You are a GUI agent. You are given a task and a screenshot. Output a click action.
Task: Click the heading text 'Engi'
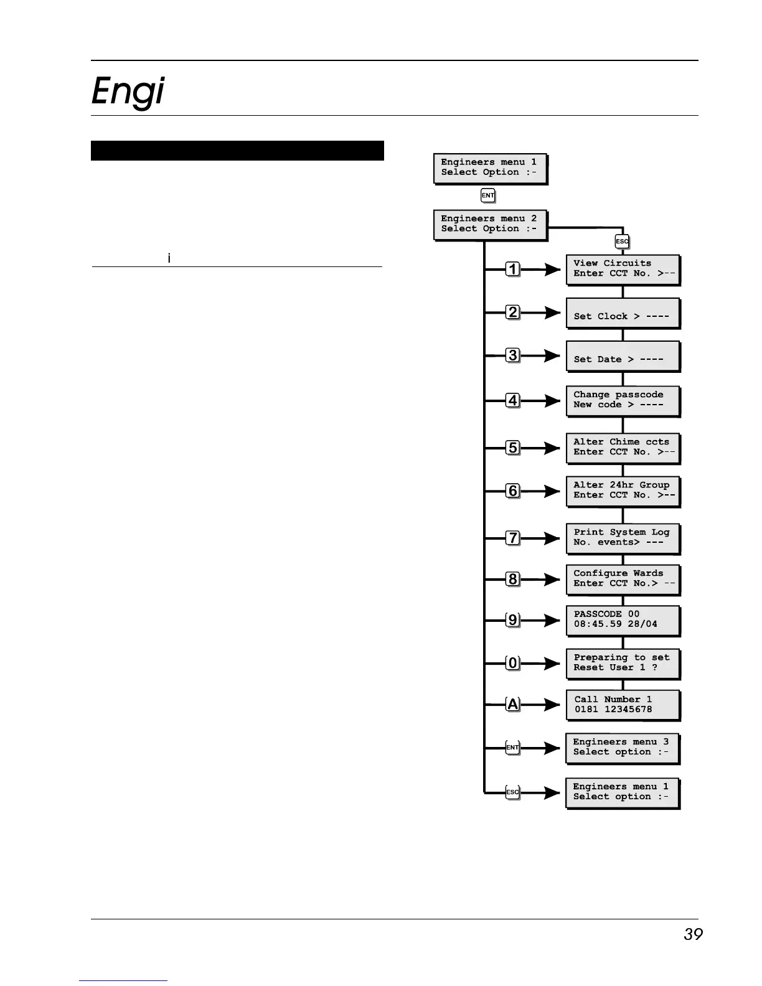click(x=128, y=92)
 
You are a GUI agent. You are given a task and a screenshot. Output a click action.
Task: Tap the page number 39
click(x=692, y=934)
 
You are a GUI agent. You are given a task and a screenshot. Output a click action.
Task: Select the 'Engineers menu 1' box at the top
click(x=489, y=167)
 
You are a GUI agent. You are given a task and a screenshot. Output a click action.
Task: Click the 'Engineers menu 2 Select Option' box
click(x=489, y=224)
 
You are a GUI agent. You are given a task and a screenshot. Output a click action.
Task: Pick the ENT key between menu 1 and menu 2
click(x=488, y=195)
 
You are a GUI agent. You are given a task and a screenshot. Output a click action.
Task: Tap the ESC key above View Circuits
click(x=622, y=242)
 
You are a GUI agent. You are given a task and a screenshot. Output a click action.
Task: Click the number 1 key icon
click(x=512, y=270)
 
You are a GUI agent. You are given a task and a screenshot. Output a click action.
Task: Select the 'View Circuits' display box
click(x=622, y=269)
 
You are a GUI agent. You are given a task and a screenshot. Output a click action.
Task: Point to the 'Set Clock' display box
click(x=622, y=313)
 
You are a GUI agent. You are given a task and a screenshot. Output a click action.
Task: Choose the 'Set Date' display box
click(x=622, y=356)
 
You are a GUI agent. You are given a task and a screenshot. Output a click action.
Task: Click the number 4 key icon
click(x=512, y=400)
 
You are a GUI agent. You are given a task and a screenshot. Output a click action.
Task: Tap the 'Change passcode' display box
click(x=622, y=400)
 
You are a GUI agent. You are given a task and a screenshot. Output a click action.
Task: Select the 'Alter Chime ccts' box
click(x=622, y=448)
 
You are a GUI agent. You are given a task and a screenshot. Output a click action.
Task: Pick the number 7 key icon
click(x=512, y=538)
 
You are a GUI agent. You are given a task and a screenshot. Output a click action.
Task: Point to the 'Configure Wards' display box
click(x=622, y=579)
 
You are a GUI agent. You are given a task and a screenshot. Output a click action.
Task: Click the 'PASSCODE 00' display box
click(x=622, y=620)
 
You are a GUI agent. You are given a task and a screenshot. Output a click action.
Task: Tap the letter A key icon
click(x=512, y=705)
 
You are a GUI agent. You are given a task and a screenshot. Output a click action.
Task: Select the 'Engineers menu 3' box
click(x=621, y=748)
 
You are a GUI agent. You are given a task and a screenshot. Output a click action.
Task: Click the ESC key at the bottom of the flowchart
click(x=512, y=792)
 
